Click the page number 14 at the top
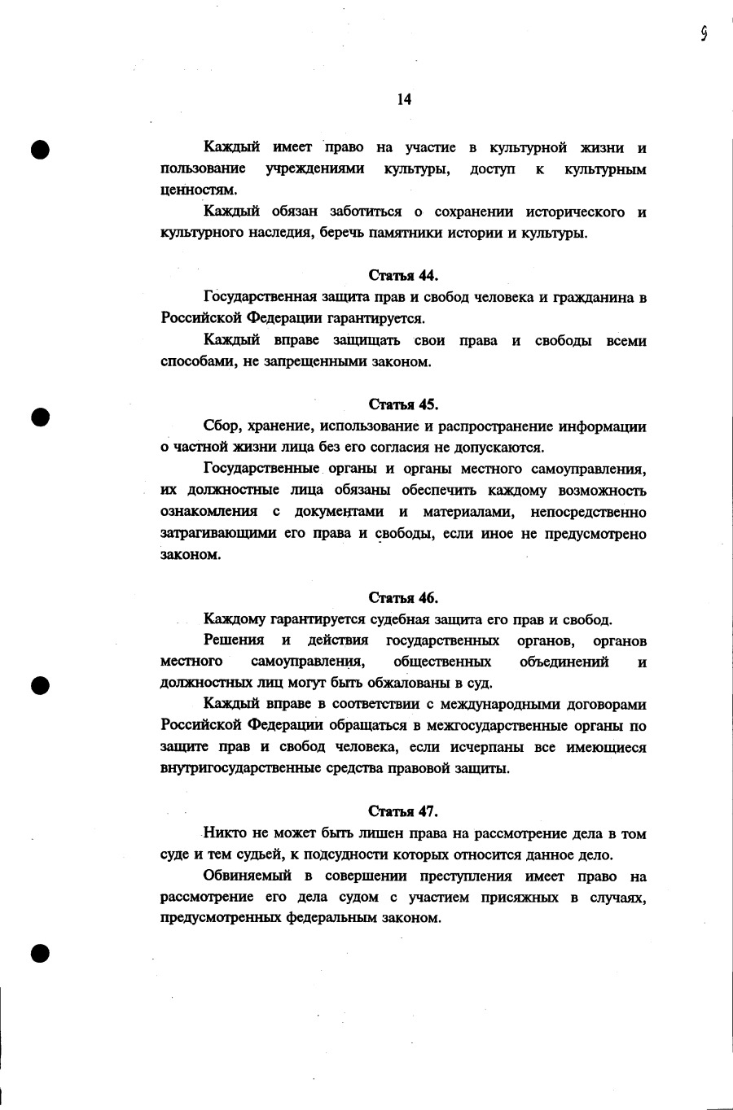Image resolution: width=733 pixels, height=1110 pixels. point(404,99)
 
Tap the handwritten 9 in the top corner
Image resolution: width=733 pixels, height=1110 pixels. point(703,33)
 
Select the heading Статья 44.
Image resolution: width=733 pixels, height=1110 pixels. point(403,275)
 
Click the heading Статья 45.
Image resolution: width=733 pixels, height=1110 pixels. point(403,404)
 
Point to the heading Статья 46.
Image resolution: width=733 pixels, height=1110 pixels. point(403,598)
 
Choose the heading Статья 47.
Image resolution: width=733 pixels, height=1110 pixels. point(403,811)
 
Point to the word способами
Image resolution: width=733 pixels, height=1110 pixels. point(198,362)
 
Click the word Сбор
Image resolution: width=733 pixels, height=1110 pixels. point(222,426)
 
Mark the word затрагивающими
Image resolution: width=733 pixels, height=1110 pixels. point(217,534)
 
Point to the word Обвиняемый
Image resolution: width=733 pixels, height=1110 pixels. point(248,876)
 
